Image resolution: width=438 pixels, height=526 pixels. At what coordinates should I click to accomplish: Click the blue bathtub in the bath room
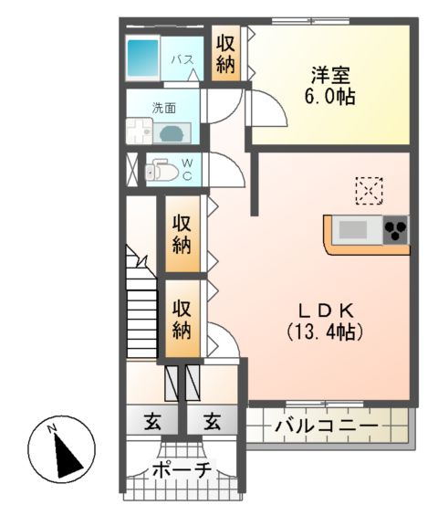[x=144, y=58]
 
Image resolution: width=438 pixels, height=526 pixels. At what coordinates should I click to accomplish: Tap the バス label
[x=182, y=59]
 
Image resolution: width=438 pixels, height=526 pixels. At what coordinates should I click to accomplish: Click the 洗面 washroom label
[x=164, y=107]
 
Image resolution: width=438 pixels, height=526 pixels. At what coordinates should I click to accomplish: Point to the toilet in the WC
[x=164, y=170]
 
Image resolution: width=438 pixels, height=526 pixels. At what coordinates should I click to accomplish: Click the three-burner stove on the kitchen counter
[x=395, y=229]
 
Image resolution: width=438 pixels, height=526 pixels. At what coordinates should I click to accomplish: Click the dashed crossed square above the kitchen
[x=370, y=191]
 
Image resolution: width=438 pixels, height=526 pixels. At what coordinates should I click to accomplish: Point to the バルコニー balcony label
[x=325, y=426]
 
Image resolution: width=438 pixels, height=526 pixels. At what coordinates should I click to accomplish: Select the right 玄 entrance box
[x=212, y=422]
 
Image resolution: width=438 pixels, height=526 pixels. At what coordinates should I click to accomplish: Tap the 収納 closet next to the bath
[x=225, y=53]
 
